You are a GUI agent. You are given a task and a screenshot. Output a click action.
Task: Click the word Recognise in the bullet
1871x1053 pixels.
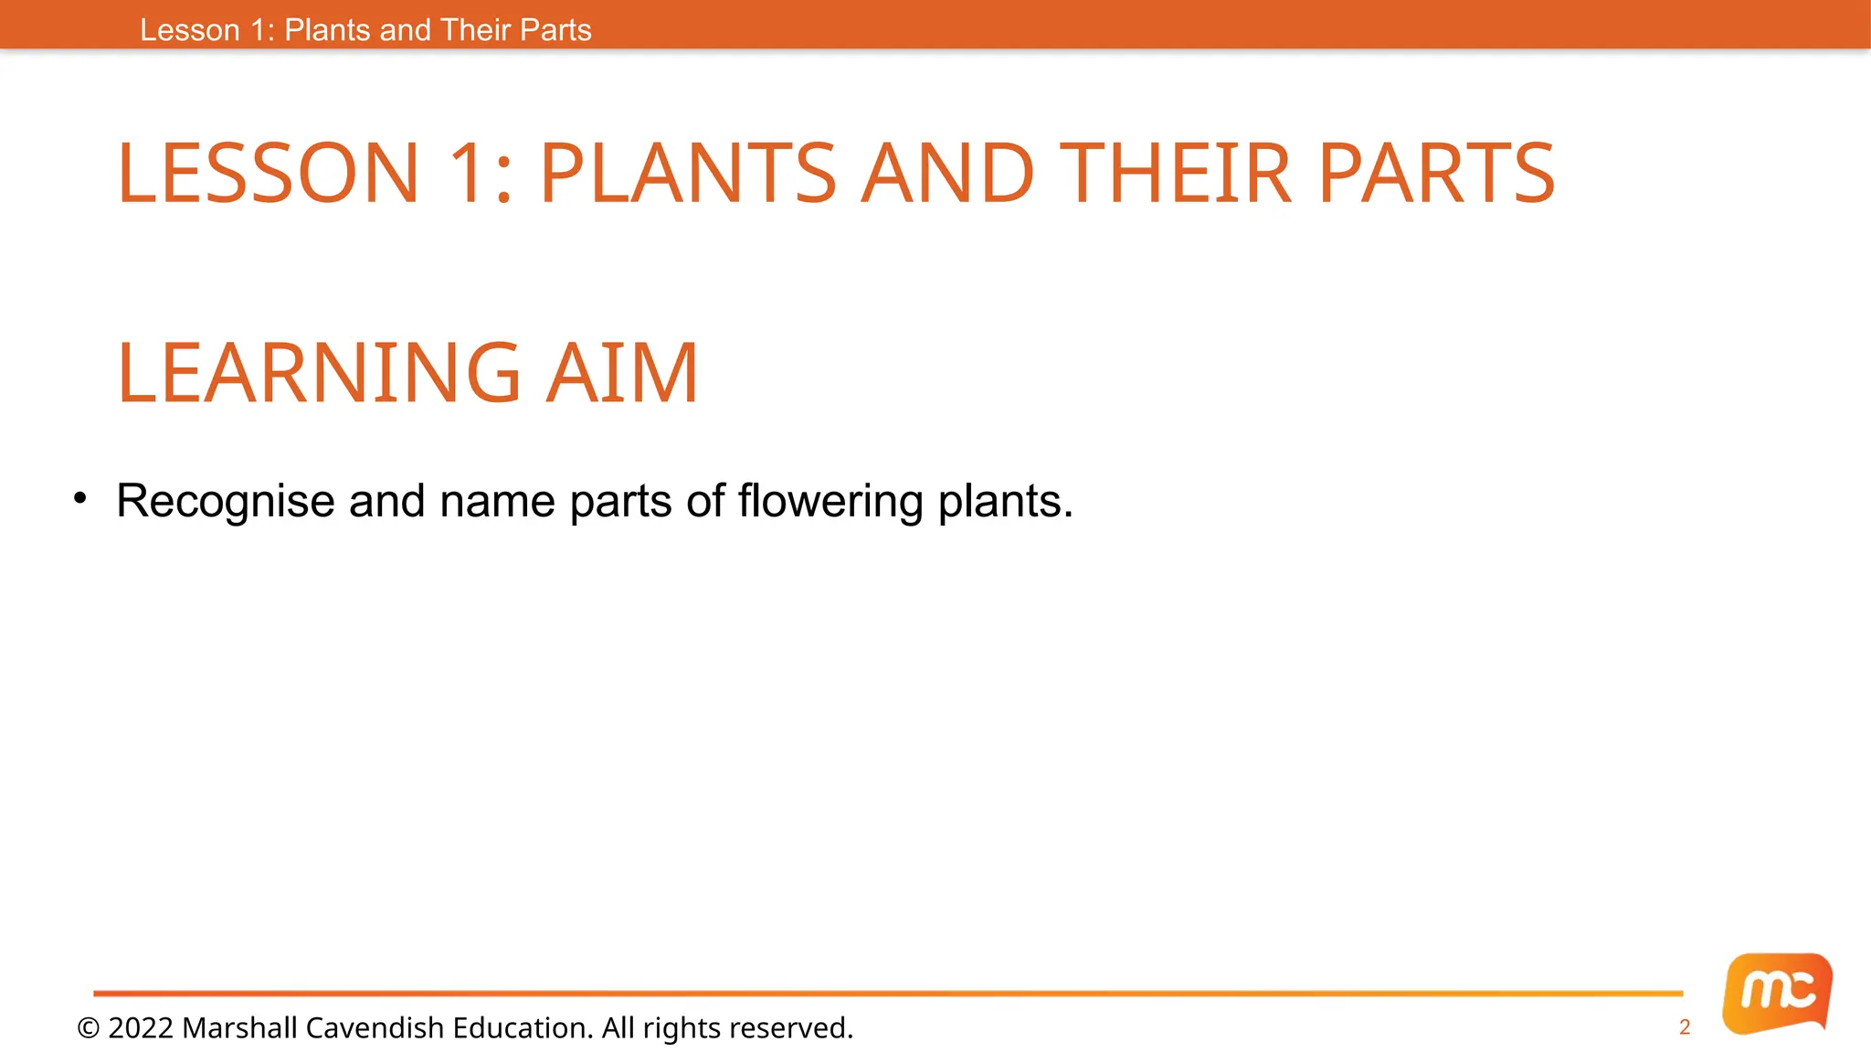(225, 502)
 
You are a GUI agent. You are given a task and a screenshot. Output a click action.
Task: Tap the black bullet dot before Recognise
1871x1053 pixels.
(80, 498)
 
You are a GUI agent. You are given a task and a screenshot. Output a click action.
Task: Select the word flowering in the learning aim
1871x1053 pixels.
(830, 502)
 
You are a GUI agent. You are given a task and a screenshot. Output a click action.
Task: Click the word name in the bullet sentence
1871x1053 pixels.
(497, 502)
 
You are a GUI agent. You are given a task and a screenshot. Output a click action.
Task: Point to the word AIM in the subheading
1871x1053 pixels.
(622, 372)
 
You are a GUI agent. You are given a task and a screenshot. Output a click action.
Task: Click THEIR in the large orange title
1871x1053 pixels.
(1176, 173)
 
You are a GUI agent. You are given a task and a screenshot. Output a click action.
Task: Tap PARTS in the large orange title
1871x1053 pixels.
(1436, 173)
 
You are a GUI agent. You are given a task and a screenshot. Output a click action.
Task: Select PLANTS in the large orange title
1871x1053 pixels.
(688, 173)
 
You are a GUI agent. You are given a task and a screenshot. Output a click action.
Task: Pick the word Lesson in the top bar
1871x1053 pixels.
(190, 30)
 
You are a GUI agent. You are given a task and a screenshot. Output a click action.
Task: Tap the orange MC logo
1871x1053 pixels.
(1777, 993)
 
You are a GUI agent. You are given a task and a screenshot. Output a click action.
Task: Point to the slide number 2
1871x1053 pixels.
(1685, 1027)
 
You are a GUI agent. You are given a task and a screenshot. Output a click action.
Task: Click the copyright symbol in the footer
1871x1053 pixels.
(89, 1028)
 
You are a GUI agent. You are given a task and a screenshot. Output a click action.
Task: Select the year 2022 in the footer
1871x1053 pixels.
(141, 1028)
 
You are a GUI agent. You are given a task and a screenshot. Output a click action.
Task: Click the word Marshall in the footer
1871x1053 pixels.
(239, 1028)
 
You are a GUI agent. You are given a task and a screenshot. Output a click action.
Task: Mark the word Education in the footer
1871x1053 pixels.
(522, 1028)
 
